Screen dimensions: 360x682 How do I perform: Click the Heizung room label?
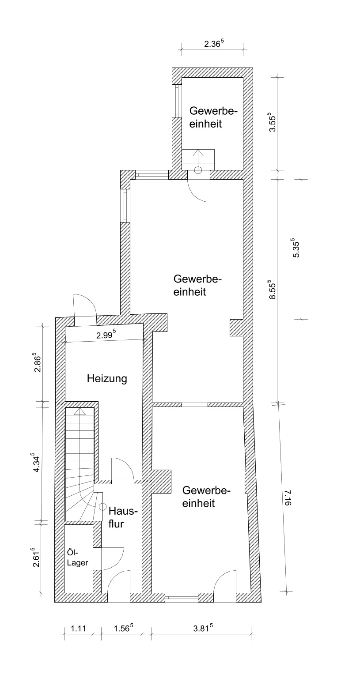pos(107,379)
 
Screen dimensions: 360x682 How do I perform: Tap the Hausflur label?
pos(121,517)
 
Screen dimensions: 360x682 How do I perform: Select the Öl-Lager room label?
pos(77,558)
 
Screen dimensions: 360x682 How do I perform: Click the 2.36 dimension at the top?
pos(214,44)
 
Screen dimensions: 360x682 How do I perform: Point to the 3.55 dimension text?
pos(272,124)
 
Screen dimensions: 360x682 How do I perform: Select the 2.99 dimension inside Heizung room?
pos(106,335)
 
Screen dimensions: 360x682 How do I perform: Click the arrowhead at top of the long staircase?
pos(80,411)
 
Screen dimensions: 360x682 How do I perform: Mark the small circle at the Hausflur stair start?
pos(102,506)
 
